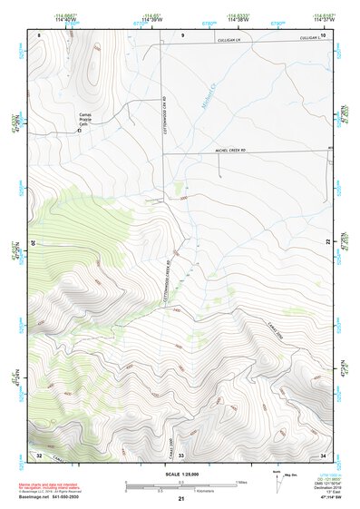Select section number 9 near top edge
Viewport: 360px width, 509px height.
(182, 34)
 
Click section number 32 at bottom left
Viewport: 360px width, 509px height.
(39, 453)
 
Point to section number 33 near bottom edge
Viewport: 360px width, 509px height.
(180, 454)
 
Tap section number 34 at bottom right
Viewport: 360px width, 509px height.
(324, 453)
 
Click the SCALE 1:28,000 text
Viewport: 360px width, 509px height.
(180, 474)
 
